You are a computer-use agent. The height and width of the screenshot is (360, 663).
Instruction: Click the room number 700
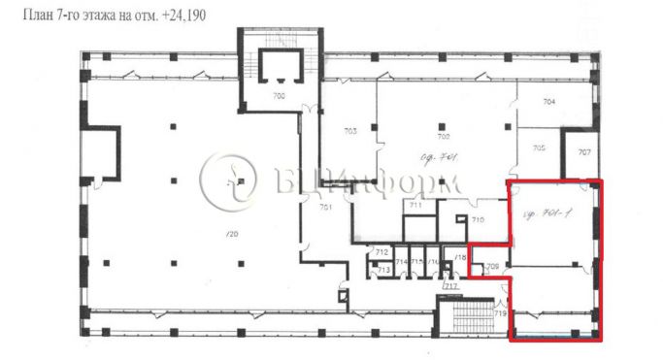279,96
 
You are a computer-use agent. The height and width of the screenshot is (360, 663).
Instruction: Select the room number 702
446,138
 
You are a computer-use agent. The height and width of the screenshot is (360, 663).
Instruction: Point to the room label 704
548,102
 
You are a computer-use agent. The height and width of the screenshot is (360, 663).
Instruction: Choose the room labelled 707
584,152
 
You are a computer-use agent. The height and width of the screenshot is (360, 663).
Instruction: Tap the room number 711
415,206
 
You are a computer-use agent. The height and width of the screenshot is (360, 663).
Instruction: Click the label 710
478,221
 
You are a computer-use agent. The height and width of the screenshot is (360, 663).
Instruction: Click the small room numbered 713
383,269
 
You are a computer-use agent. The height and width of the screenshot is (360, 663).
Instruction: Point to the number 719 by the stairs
501,313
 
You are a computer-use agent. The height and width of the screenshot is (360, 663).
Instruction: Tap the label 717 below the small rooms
449,287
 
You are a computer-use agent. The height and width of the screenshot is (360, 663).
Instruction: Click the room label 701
327,208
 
